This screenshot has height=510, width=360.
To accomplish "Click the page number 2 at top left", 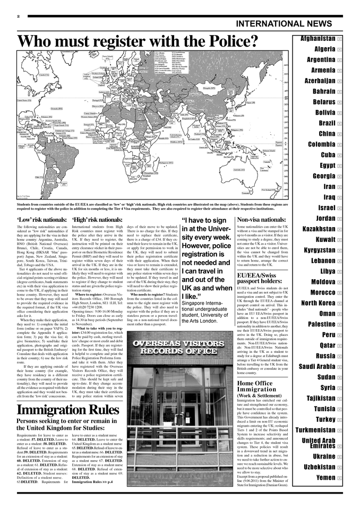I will pyautogui.click(x=18, y=16).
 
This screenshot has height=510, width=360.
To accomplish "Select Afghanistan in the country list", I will pyautogui.click(x=318, y=39).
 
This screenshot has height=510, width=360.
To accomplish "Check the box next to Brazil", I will pyautogui.click(x=339, y=123).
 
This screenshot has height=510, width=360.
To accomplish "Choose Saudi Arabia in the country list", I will pyautogui.click(x=316, y=367).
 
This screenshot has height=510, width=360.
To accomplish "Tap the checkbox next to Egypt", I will pyautogui.click(x=339, y=166).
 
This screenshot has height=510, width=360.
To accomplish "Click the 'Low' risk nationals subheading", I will pyautogui.click(x=42, y=220).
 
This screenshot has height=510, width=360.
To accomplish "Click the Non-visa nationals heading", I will pyautogui.click(x=261, y=219).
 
